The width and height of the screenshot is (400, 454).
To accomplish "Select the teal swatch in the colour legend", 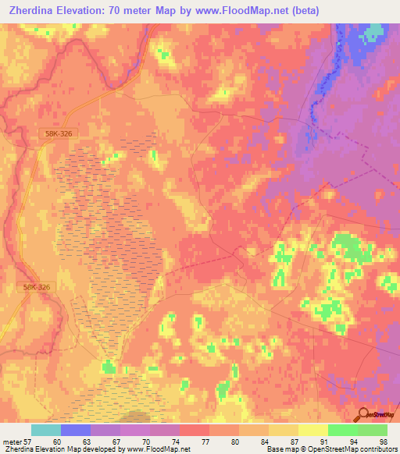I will (46, 430).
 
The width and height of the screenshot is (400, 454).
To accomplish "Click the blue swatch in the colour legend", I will (76, 430).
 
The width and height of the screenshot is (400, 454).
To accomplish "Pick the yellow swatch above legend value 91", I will (312, 430).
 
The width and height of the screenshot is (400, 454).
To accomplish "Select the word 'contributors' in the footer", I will (378, 449).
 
